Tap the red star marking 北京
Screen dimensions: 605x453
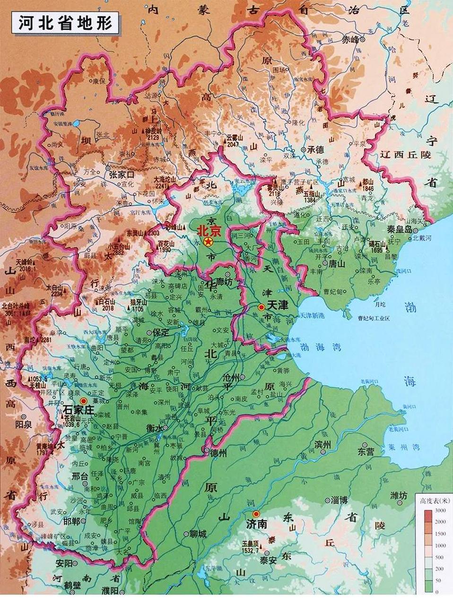(x=207, y=242)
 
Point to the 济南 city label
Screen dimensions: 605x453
(x=257, y=524)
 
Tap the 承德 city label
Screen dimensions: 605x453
(x=315, y=149)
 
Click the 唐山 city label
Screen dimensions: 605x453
(x=338, y=263)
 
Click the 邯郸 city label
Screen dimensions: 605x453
(x=71, y=520)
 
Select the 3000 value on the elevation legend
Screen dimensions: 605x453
(x=439, y=510)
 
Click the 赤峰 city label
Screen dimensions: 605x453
(x=350, y=40)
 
